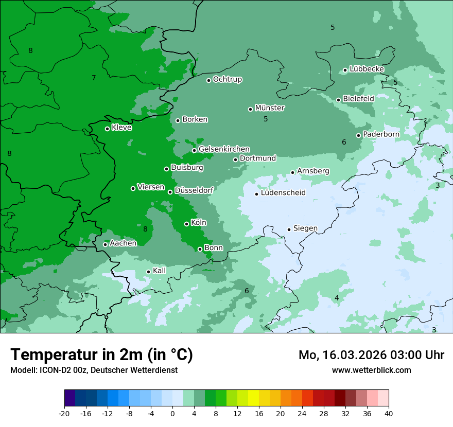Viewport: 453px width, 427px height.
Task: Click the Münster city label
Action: tap(270, 108)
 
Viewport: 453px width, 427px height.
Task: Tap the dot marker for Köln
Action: tap(186, 224)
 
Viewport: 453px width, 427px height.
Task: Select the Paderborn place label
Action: tap(381, 134)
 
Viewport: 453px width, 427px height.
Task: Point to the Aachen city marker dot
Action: tap(105, 244)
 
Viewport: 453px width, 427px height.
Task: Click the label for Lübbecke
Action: tap(367, 69)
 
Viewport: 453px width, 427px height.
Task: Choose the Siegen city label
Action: tap(305, 228)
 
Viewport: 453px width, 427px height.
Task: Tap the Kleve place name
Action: tap(121, 128)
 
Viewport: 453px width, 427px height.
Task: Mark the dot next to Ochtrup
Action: tap(208, 80)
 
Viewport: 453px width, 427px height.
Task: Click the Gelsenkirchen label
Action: tap(224, 149)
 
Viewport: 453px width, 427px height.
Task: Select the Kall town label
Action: tap(160, 271)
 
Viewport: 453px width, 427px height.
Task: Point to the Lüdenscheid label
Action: tap(283, 193)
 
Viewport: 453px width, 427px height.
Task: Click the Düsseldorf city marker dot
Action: tap(170, 192)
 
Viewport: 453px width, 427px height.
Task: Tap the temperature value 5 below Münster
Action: tap(266, 119)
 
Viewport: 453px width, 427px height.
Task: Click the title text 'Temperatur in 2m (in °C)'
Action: tap(102, 354)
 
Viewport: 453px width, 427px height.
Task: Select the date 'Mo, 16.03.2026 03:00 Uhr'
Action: tap(371, 355)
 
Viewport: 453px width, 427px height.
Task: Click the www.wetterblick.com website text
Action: tap(371, 370)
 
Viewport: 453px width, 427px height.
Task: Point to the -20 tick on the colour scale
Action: tap(64, 413)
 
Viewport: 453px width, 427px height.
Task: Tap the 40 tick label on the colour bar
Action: tap(389, 413)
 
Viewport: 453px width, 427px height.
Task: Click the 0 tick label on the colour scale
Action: tap(172, 413)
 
